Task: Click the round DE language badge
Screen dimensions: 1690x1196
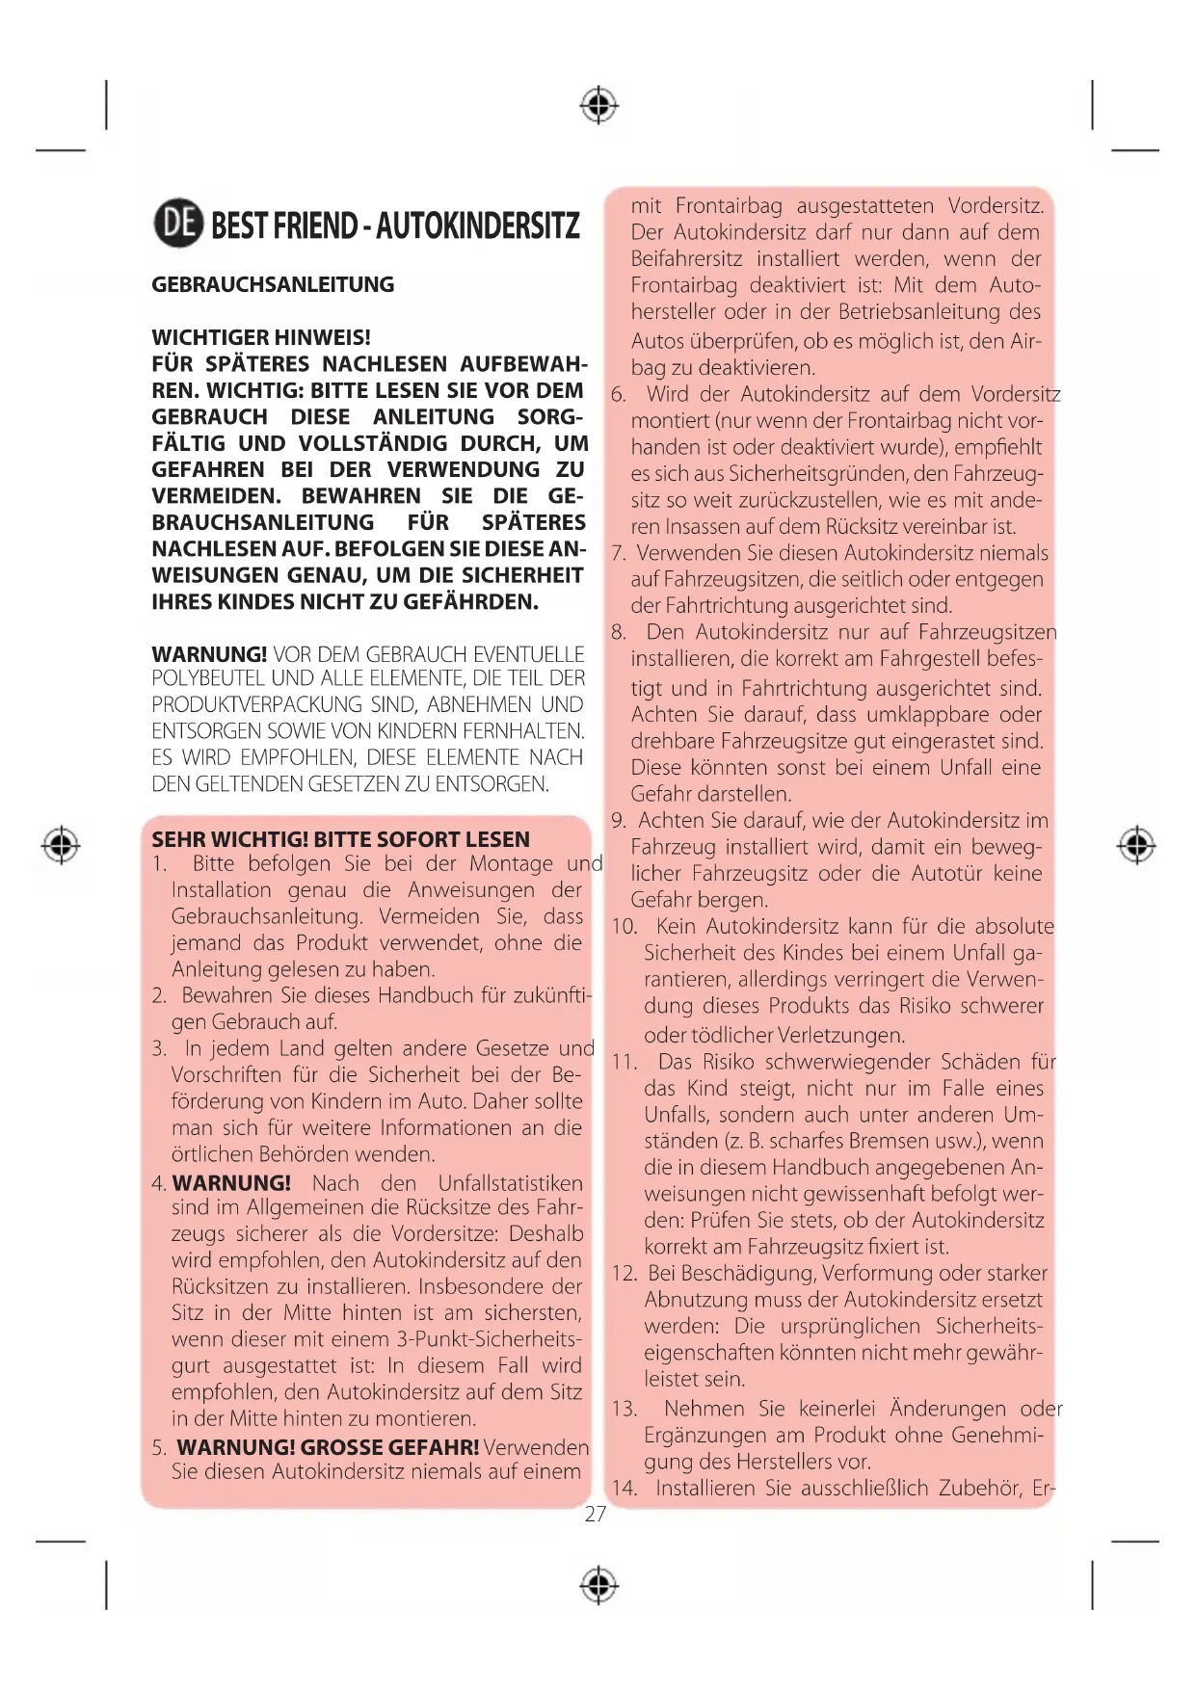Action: click(x=178, y=224)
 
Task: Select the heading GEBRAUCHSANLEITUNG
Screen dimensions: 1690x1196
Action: click(x=273, y=285)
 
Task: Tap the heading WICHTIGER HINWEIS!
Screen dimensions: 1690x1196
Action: click(x=261, y=337)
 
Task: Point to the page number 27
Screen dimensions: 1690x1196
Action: click(x=596, y=1514)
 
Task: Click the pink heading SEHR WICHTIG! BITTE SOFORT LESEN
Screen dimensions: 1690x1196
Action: click(x=340, y=839)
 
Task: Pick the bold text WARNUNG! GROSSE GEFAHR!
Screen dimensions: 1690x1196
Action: click(x=328, y=1446)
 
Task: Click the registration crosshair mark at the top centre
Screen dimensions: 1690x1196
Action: click(x=598, y=105)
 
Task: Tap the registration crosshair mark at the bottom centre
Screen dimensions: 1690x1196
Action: click(x=598, y=1584)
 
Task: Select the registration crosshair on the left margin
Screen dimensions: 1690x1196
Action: click(x=62, y=845)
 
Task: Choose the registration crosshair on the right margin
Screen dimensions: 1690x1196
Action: click(x=1136, y=845)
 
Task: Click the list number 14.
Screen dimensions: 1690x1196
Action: click(x=624, y=1489)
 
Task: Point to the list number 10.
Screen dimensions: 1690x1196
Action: click(x=625, y=927)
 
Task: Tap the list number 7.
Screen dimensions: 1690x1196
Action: click(x=619, y=553)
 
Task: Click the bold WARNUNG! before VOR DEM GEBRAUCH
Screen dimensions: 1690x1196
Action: click(x=209, y=654)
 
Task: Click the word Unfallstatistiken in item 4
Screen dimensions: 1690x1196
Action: click(x=510, y=1183)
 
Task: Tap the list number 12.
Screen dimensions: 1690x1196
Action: click(x=624, y=1274)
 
